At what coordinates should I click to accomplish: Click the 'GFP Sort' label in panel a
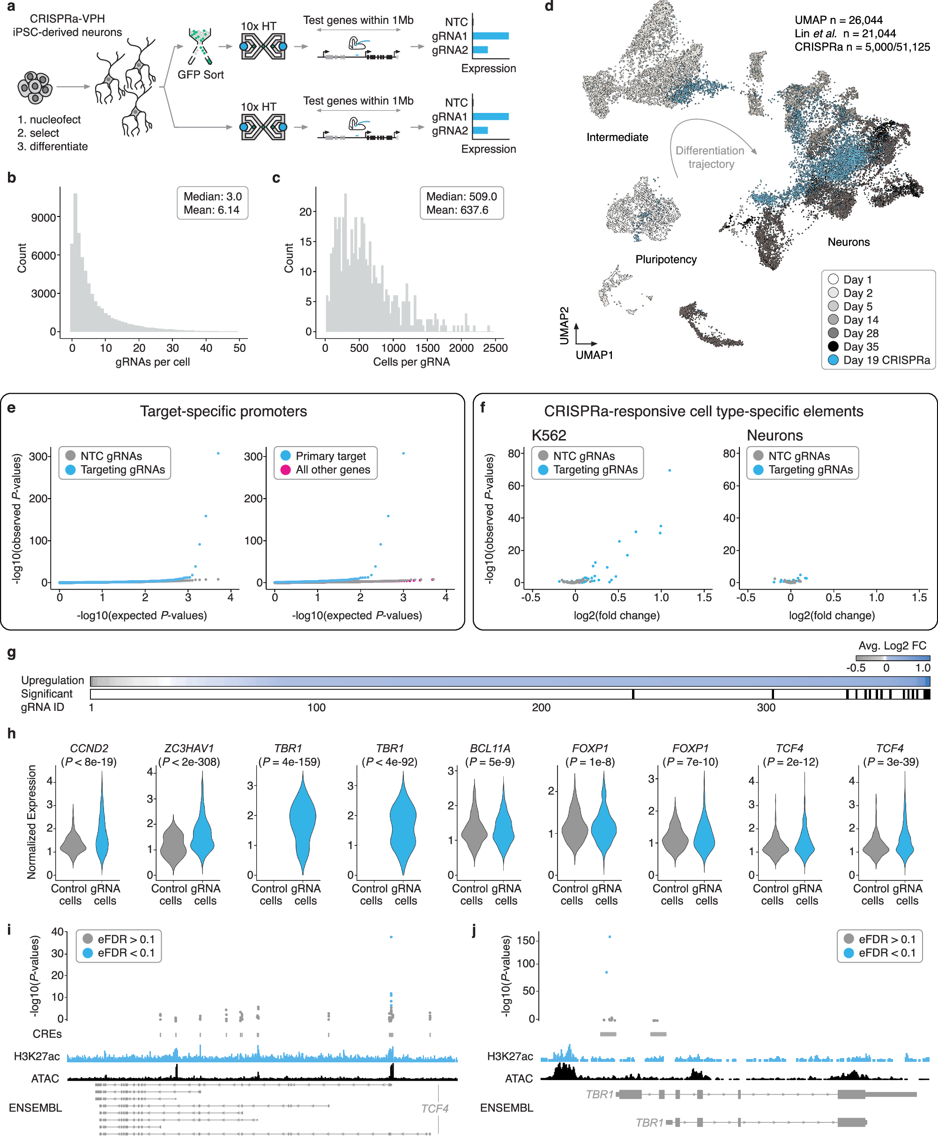pos(201,75)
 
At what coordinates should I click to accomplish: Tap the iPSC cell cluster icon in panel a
pos(35,87)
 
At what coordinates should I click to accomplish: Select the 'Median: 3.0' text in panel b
pos(212,196)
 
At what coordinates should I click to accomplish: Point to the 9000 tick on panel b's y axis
pos(43,218)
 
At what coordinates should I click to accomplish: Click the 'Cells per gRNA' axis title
pos(411,362)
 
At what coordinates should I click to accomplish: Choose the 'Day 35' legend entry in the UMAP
pos(860,346)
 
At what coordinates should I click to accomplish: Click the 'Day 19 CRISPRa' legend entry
pos(886,360)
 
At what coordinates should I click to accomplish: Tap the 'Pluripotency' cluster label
pos(666,260)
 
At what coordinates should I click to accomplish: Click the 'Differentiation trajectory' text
pos(710,157)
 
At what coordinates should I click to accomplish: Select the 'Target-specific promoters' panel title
pos(223,411)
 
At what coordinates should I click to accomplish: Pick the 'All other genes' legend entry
pos(332,470)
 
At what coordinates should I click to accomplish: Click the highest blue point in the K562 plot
pos(670,470)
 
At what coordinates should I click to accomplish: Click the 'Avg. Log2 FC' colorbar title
pos(892,645)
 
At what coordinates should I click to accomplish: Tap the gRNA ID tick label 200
pos(541,708)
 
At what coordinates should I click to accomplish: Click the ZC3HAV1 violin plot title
pos(188,748)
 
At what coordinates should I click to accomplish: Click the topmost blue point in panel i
pos(391,937)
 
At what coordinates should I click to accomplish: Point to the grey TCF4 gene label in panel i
pos(434,1108)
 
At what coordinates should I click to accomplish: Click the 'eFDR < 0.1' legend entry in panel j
pos(886,952)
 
